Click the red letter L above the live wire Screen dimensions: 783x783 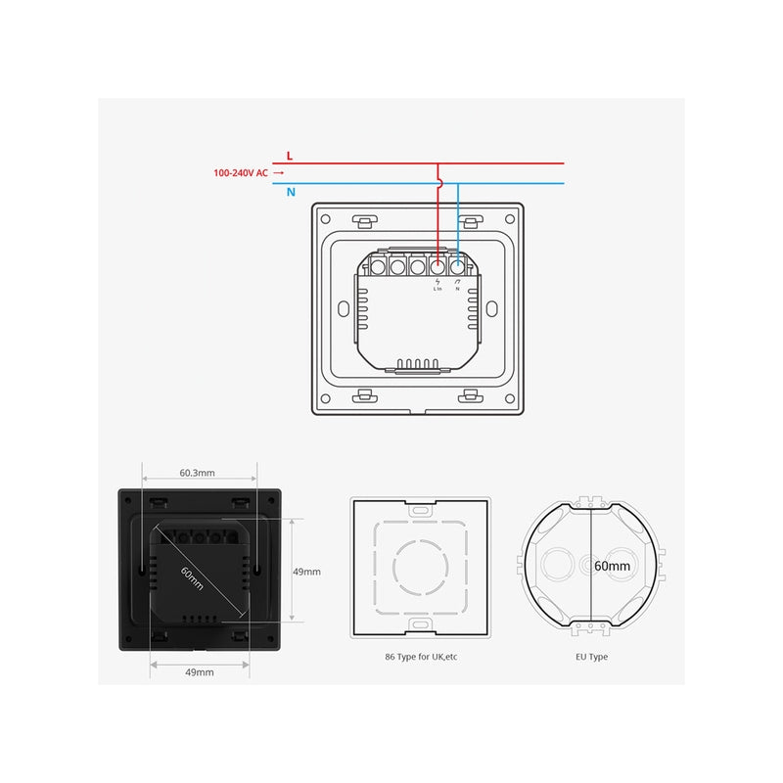point(289,156)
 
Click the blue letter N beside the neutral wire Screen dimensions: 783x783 point(291,193)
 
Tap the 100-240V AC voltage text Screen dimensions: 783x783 point(241,173)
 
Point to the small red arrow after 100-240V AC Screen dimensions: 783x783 point(279,173)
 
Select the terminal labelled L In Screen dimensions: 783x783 point(438,265)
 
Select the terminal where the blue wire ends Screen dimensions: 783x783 point(457,265)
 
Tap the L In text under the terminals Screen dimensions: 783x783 point(438,289)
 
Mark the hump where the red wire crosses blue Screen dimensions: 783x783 point(439,183)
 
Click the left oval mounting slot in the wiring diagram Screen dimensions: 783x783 point(342,307)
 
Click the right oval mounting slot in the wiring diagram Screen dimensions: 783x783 point(494,307)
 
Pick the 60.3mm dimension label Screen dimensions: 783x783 point(197,473)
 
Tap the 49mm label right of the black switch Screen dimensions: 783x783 point(306,572)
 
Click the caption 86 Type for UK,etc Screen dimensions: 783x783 point(421,657)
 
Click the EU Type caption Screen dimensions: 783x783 point(591,657)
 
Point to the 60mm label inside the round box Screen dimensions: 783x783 point(613,566)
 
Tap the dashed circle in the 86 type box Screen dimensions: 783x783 point(420,565)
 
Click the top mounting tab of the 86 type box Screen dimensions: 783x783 point(421,508)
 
